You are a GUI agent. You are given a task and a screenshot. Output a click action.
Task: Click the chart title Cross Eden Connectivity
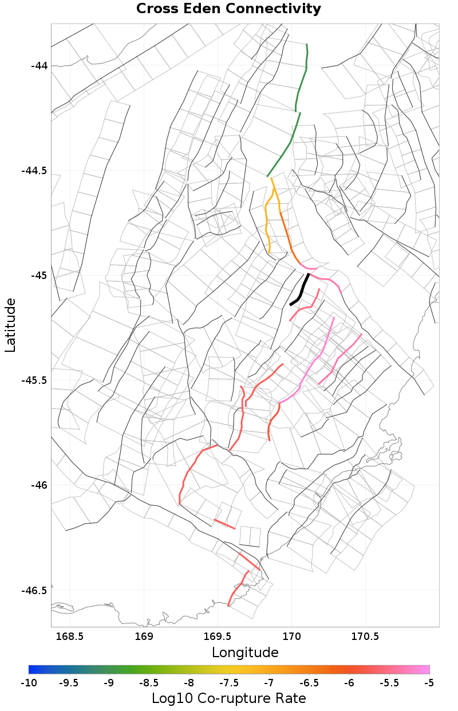click(x=228, y=9)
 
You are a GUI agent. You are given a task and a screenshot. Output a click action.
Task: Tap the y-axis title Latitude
click(x=10, y=324)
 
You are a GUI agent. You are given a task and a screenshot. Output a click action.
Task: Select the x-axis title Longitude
click(x=245, y=653)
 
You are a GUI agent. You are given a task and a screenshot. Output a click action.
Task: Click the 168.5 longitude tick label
click(x=69, y=637)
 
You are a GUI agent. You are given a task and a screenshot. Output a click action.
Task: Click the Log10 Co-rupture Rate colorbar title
click(x=228, y=698)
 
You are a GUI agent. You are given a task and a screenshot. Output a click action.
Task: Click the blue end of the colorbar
click(x=31, y=669)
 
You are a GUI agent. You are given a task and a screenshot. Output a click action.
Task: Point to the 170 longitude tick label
click(x=291, y=637)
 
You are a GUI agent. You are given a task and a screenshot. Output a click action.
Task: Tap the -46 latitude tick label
click(x=39, y=485)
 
